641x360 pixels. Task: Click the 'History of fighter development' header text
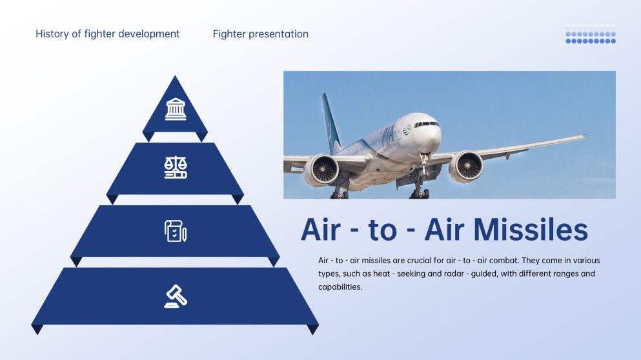(x=108, y=34)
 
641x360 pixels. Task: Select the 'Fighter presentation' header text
(x=261, y=34)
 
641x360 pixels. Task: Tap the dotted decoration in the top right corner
(x=591, y=34)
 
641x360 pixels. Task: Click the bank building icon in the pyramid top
(x=176, y=108)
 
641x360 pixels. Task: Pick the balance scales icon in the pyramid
(x=176, y=168)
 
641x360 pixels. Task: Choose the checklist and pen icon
(x=176, y=230)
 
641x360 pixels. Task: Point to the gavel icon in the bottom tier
(x=176, y=295)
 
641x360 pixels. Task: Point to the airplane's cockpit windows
(x=427, y=124)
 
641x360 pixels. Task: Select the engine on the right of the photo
(x=465, y=166)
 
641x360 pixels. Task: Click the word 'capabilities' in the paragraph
(x=340, y=287)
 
